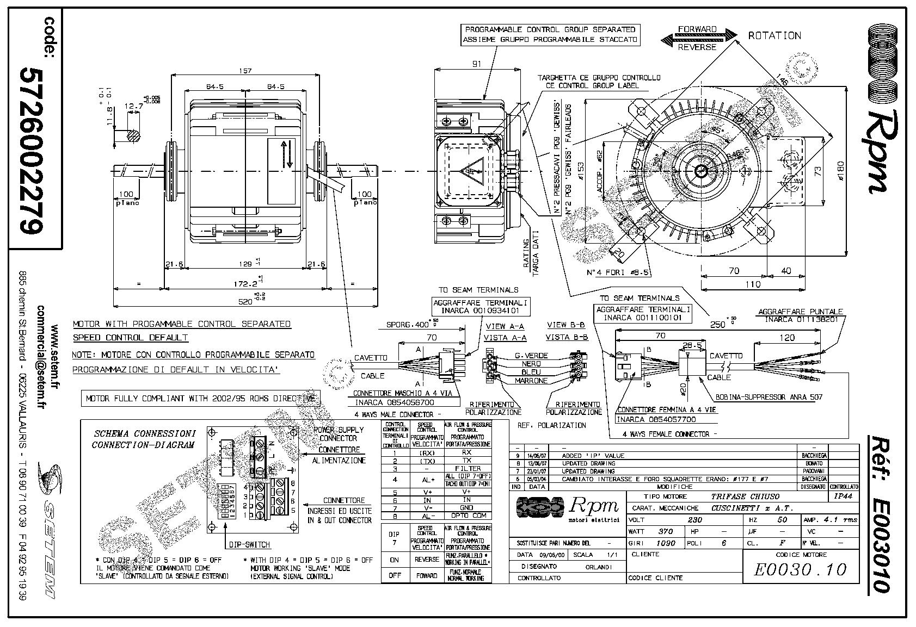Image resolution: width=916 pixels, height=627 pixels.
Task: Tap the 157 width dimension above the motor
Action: click(x=247, y=71)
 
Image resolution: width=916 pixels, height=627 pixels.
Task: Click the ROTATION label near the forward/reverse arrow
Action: click(x=774, y=36)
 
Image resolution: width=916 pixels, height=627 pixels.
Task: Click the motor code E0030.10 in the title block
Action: click(x=801, y=569)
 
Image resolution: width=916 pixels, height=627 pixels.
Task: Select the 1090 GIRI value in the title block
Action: click(x=666, y=543)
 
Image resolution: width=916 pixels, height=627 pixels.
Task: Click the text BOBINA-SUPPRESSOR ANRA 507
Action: click(x=769, y=398)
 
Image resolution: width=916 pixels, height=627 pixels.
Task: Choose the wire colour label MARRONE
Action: click(x=531, y=381)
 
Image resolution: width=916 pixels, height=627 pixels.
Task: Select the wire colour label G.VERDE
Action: click(x=531, y=356)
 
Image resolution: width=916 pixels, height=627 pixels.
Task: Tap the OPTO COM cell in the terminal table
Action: click(x=467, y=516)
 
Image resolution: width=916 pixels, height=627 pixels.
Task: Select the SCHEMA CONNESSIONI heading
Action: click(x=145, y=434)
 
